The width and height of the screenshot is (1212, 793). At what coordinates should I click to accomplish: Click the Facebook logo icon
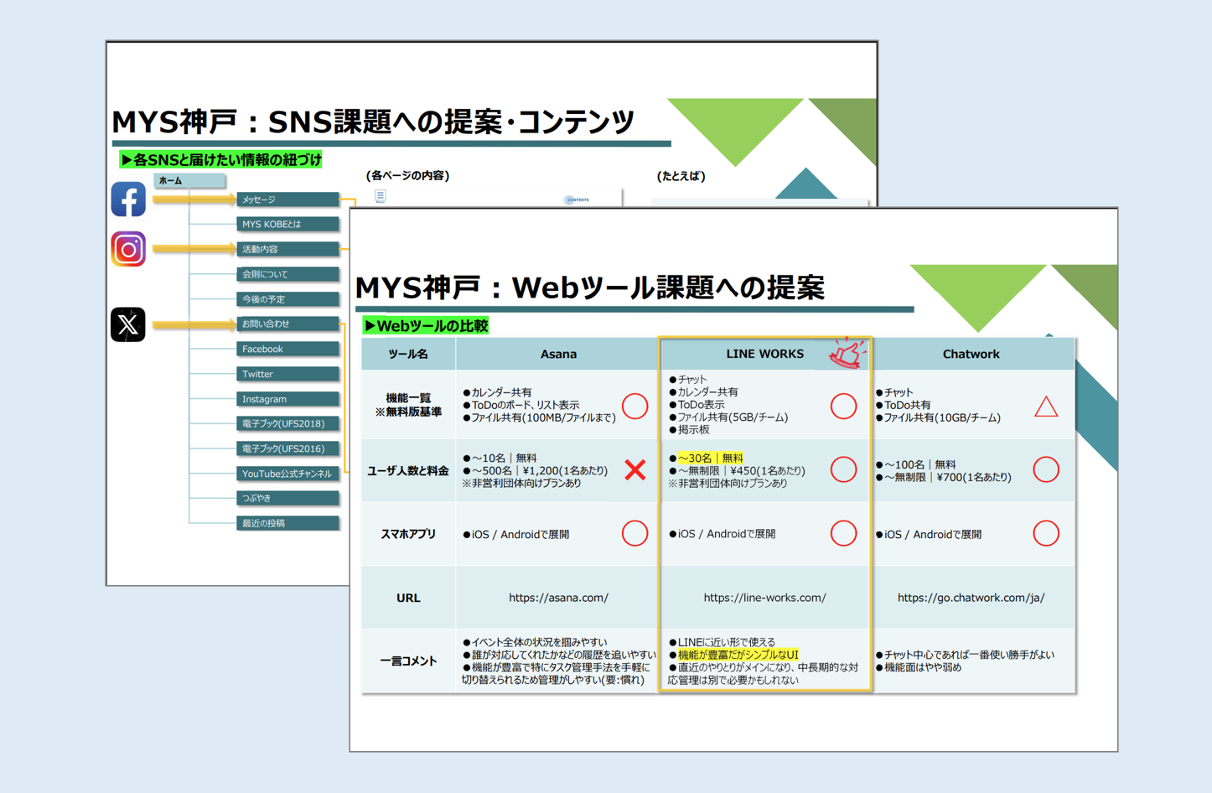coord(128,200)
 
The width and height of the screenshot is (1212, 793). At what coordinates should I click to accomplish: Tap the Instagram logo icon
coord(128,249)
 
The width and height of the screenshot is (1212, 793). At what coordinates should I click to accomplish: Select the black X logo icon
coord(128,324)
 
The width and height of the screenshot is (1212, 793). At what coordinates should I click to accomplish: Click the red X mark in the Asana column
coord(635,470)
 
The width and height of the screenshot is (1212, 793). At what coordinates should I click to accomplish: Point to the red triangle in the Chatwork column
coord(1046,407)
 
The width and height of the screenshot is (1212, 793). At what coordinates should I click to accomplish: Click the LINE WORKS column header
coord(764,354)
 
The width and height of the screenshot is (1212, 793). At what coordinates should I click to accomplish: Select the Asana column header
coord(558,354)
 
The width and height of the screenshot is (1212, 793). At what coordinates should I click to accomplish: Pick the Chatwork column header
coord(971,354)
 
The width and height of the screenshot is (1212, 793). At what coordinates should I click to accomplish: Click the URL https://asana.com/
coord(558,598)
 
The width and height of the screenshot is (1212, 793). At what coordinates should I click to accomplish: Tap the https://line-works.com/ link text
coord(764,598)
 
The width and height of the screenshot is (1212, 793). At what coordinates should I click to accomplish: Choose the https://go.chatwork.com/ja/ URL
coord(971,598)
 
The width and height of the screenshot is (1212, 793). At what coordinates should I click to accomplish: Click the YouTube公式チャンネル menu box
coord(287,474)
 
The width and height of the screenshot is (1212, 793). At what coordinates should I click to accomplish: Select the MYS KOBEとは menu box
coord(287,224)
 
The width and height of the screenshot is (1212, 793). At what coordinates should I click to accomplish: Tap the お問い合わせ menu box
coord(287,324)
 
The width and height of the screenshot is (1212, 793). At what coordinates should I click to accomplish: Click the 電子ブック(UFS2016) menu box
coord(287,448)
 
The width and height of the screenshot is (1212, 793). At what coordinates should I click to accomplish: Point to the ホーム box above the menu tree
coord(189,180)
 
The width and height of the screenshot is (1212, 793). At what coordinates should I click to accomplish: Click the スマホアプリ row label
coord(408,534)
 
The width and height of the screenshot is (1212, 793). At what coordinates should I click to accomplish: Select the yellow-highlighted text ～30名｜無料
coord(710,458)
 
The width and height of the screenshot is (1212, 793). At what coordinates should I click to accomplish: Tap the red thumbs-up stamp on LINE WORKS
coord(847,353)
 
